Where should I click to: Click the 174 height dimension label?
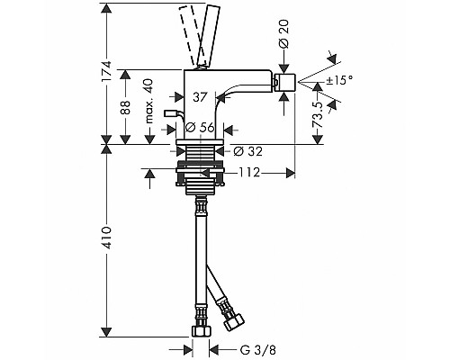pyautogui.click(x=106, y=71)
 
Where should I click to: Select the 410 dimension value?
pyautogui.click(x=106, y=238)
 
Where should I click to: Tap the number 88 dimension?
pyautogui.click(x=125, y=107)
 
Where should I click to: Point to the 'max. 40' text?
pyautogui.click(x=148, y=101)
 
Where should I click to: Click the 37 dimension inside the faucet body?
pyautogui.click(x=200, y=97)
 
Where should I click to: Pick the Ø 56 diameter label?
pyautogui.click(x=200, y=128)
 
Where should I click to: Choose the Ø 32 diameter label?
pyautogui.click(x=247, y=151)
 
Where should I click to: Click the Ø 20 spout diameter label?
pyautogui.click(x=283, y=34)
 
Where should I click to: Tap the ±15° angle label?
pyautogui.click(x=339, y=80)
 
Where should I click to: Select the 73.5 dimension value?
pyautogui.click(x=318, y=114)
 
